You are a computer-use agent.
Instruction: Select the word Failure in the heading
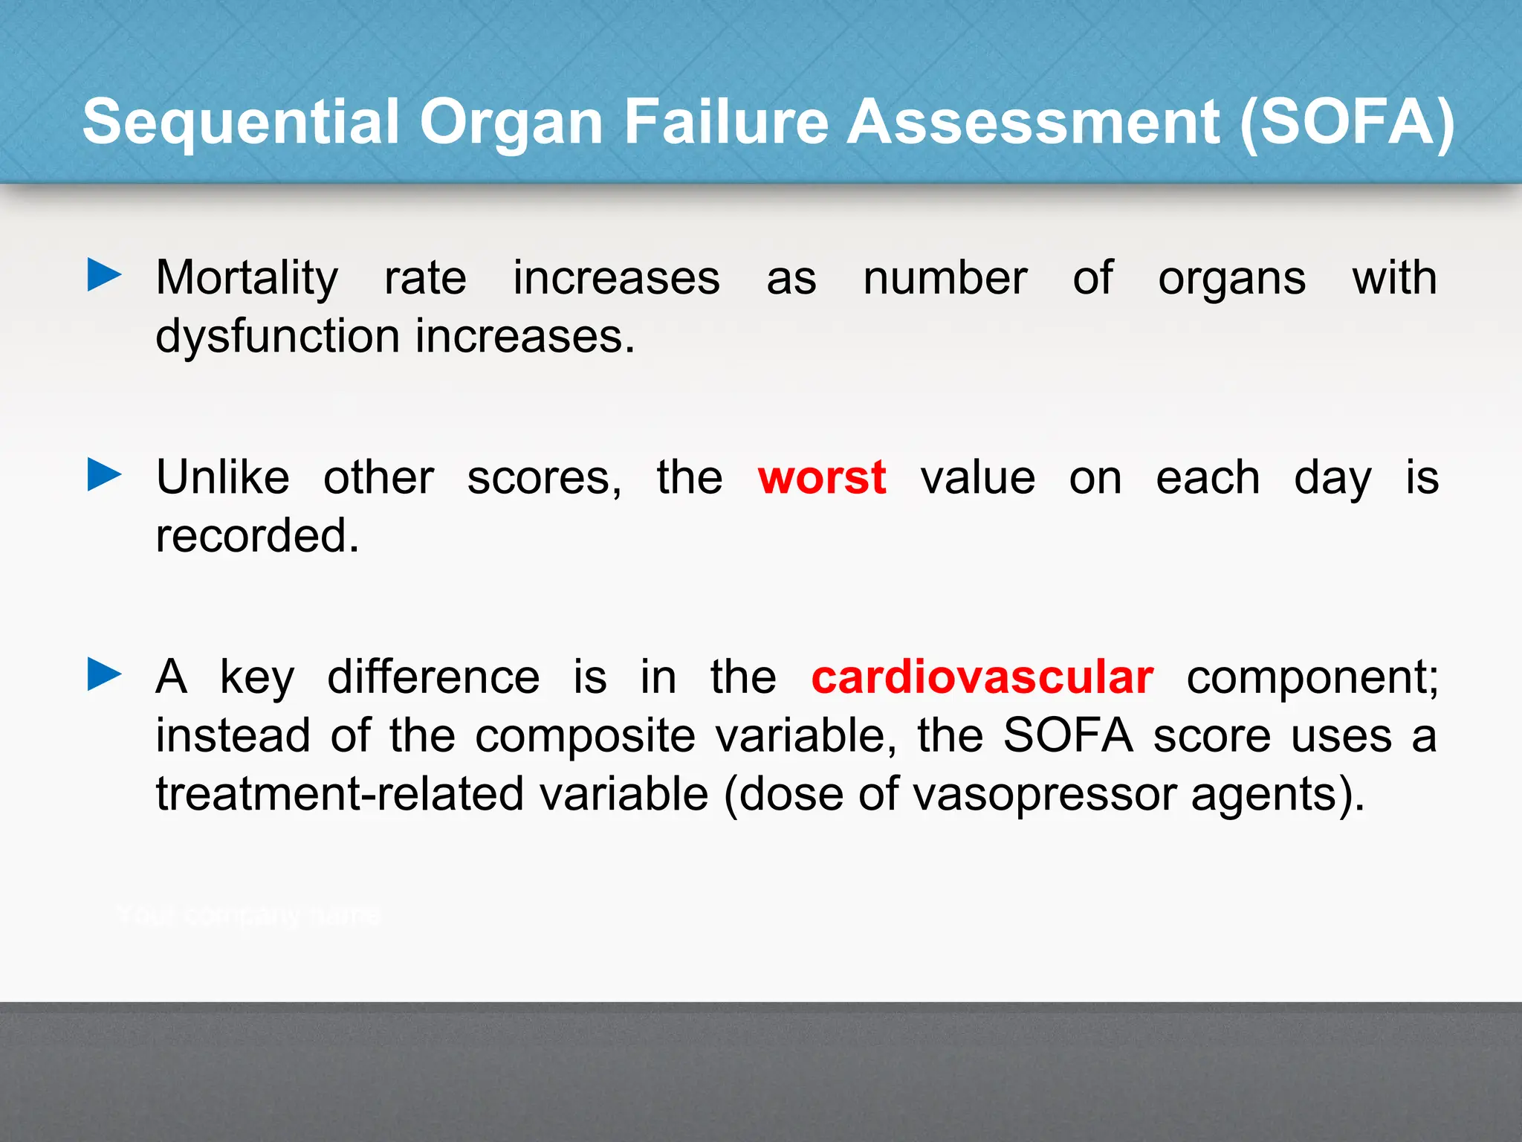click(725, 122)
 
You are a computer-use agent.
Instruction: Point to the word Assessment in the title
click(1033, 122)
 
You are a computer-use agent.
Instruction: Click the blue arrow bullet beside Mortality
click(104, 275)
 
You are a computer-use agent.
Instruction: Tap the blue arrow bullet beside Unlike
click(104, 474)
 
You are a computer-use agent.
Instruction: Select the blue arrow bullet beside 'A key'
click(104, 674)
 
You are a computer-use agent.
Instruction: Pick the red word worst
click(822, 477)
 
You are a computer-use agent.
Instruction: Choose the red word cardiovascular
click(982, 677)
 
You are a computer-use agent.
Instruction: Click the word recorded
click(257, 535)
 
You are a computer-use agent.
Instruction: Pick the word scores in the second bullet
click(543, 478)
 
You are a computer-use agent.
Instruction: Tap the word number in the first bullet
click(945, 278)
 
